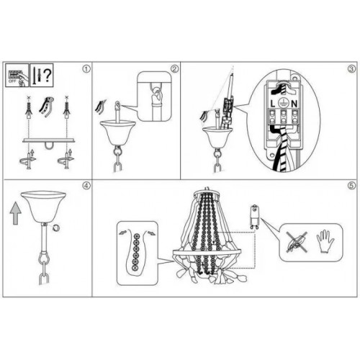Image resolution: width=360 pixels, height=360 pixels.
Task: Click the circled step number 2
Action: click(174, 69)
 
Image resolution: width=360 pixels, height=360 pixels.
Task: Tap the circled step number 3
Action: click(351, 69)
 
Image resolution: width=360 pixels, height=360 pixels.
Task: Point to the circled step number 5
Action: click(351, 185)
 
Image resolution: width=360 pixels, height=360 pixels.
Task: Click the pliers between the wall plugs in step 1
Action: click(47, 106)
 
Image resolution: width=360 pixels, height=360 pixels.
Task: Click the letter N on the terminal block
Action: click(297, 104)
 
